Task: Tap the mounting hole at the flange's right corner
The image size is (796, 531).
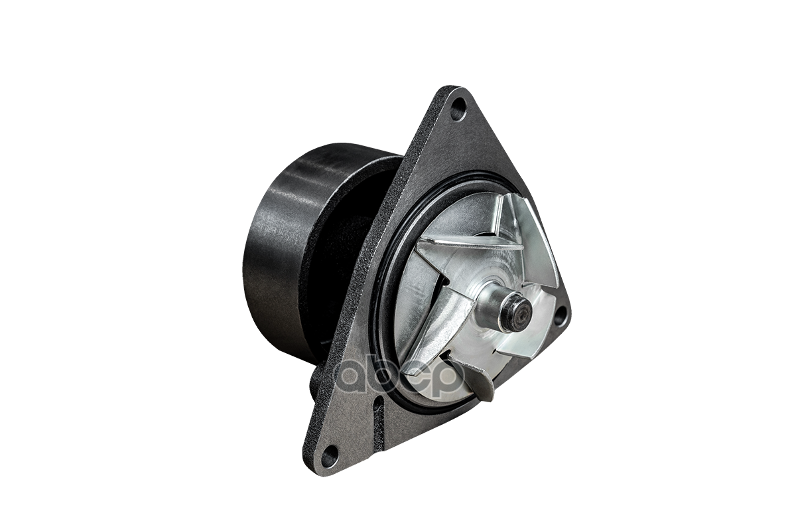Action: (x=560, y=315)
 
